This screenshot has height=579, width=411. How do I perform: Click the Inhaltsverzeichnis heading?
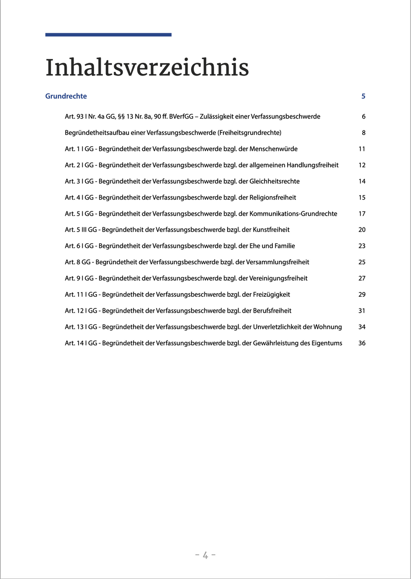click(x=147, y=68)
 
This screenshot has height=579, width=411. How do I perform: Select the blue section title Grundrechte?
click(x=66, y=96)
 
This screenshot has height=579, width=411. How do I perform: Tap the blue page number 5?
click(x=363, y=96)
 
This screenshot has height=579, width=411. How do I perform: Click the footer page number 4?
click(x=205, y=555)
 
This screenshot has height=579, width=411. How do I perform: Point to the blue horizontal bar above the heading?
click(x=108, y=35)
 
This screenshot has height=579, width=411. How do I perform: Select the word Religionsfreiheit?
click(x=272, y=197)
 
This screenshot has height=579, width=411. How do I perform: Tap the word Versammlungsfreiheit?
click(x=278, y=262)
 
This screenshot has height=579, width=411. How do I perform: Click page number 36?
click(x=362, y=343)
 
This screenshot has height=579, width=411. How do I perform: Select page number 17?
click(x=362, y=214)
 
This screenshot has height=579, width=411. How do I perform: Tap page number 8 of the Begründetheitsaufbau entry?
click(x=363, y=132)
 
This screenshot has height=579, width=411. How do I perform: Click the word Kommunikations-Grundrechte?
click(x=293, y=214)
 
